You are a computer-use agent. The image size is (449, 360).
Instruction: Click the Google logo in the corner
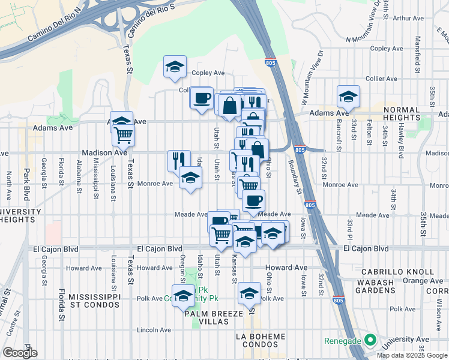coord(20,352)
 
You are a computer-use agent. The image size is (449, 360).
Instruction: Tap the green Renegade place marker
coord(370,341)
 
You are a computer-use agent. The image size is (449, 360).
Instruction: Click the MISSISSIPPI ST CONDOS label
coord(99,302)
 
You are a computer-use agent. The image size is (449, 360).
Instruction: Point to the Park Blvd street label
coord(26,179)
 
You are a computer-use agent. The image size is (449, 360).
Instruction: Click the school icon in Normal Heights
coord(348,96)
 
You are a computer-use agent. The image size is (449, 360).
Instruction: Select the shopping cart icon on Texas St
coord(123,134)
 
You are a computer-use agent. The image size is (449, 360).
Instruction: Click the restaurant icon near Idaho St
coord(179,160)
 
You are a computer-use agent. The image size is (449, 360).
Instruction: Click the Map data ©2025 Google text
coord(412,355)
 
